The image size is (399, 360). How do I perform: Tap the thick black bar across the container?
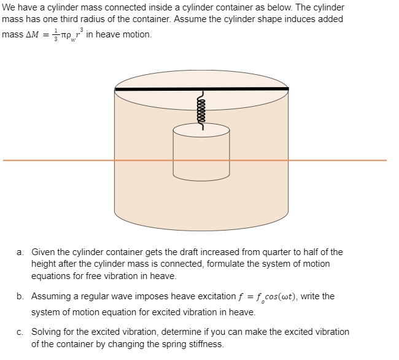(x=201, y=89)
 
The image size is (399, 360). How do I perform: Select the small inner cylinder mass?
(x=201, y=156)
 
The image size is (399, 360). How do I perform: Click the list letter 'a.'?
(x=21, y=252)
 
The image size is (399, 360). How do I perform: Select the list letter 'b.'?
(x=21, y=296)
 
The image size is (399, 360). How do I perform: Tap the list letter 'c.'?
(x=21, y=332)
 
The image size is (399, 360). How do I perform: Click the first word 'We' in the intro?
(x=9, y=7)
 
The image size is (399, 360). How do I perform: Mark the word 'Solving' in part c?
(x=47, y=332)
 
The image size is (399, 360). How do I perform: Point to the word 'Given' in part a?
(x=43, y=252)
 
